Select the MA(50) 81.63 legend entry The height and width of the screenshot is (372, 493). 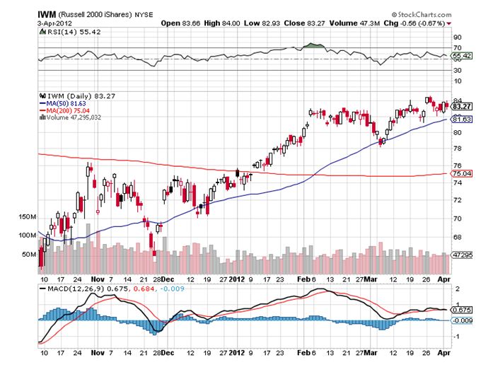(x=66, y=103)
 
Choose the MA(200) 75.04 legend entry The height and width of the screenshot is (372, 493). (x=68, y=110)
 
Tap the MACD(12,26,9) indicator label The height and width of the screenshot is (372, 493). (x=68, y=289)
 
